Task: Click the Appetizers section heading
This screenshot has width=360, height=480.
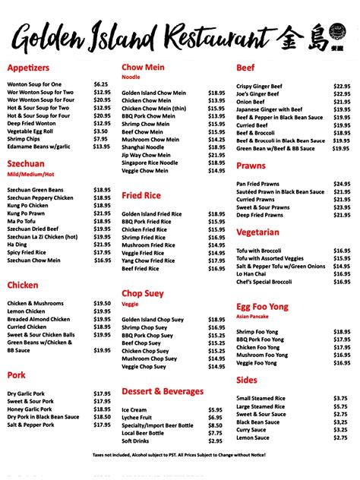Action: (x=28, y=67)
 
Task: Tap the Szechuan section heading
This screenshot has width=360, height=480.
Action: (x=26, y=163)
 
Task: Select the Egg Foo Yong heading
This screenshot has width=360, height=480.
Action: (x=263, y=306)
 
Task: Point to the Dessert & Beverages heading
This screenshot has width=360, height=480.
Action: (x=163, y=391)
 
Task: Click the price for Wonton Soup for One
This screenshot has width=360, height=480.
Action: (x=100, y=84)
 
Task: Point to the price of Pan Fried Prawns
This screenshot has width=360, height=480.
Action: (x=341, y=184)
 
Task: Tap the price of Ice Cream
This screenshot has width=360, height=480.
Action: (x=215, y=409)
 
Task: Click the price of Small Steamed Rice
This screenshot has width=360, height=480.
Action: (x=339, y=398)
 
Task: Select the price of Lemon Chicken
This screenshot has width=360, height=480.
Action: (x=102, y=311)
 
